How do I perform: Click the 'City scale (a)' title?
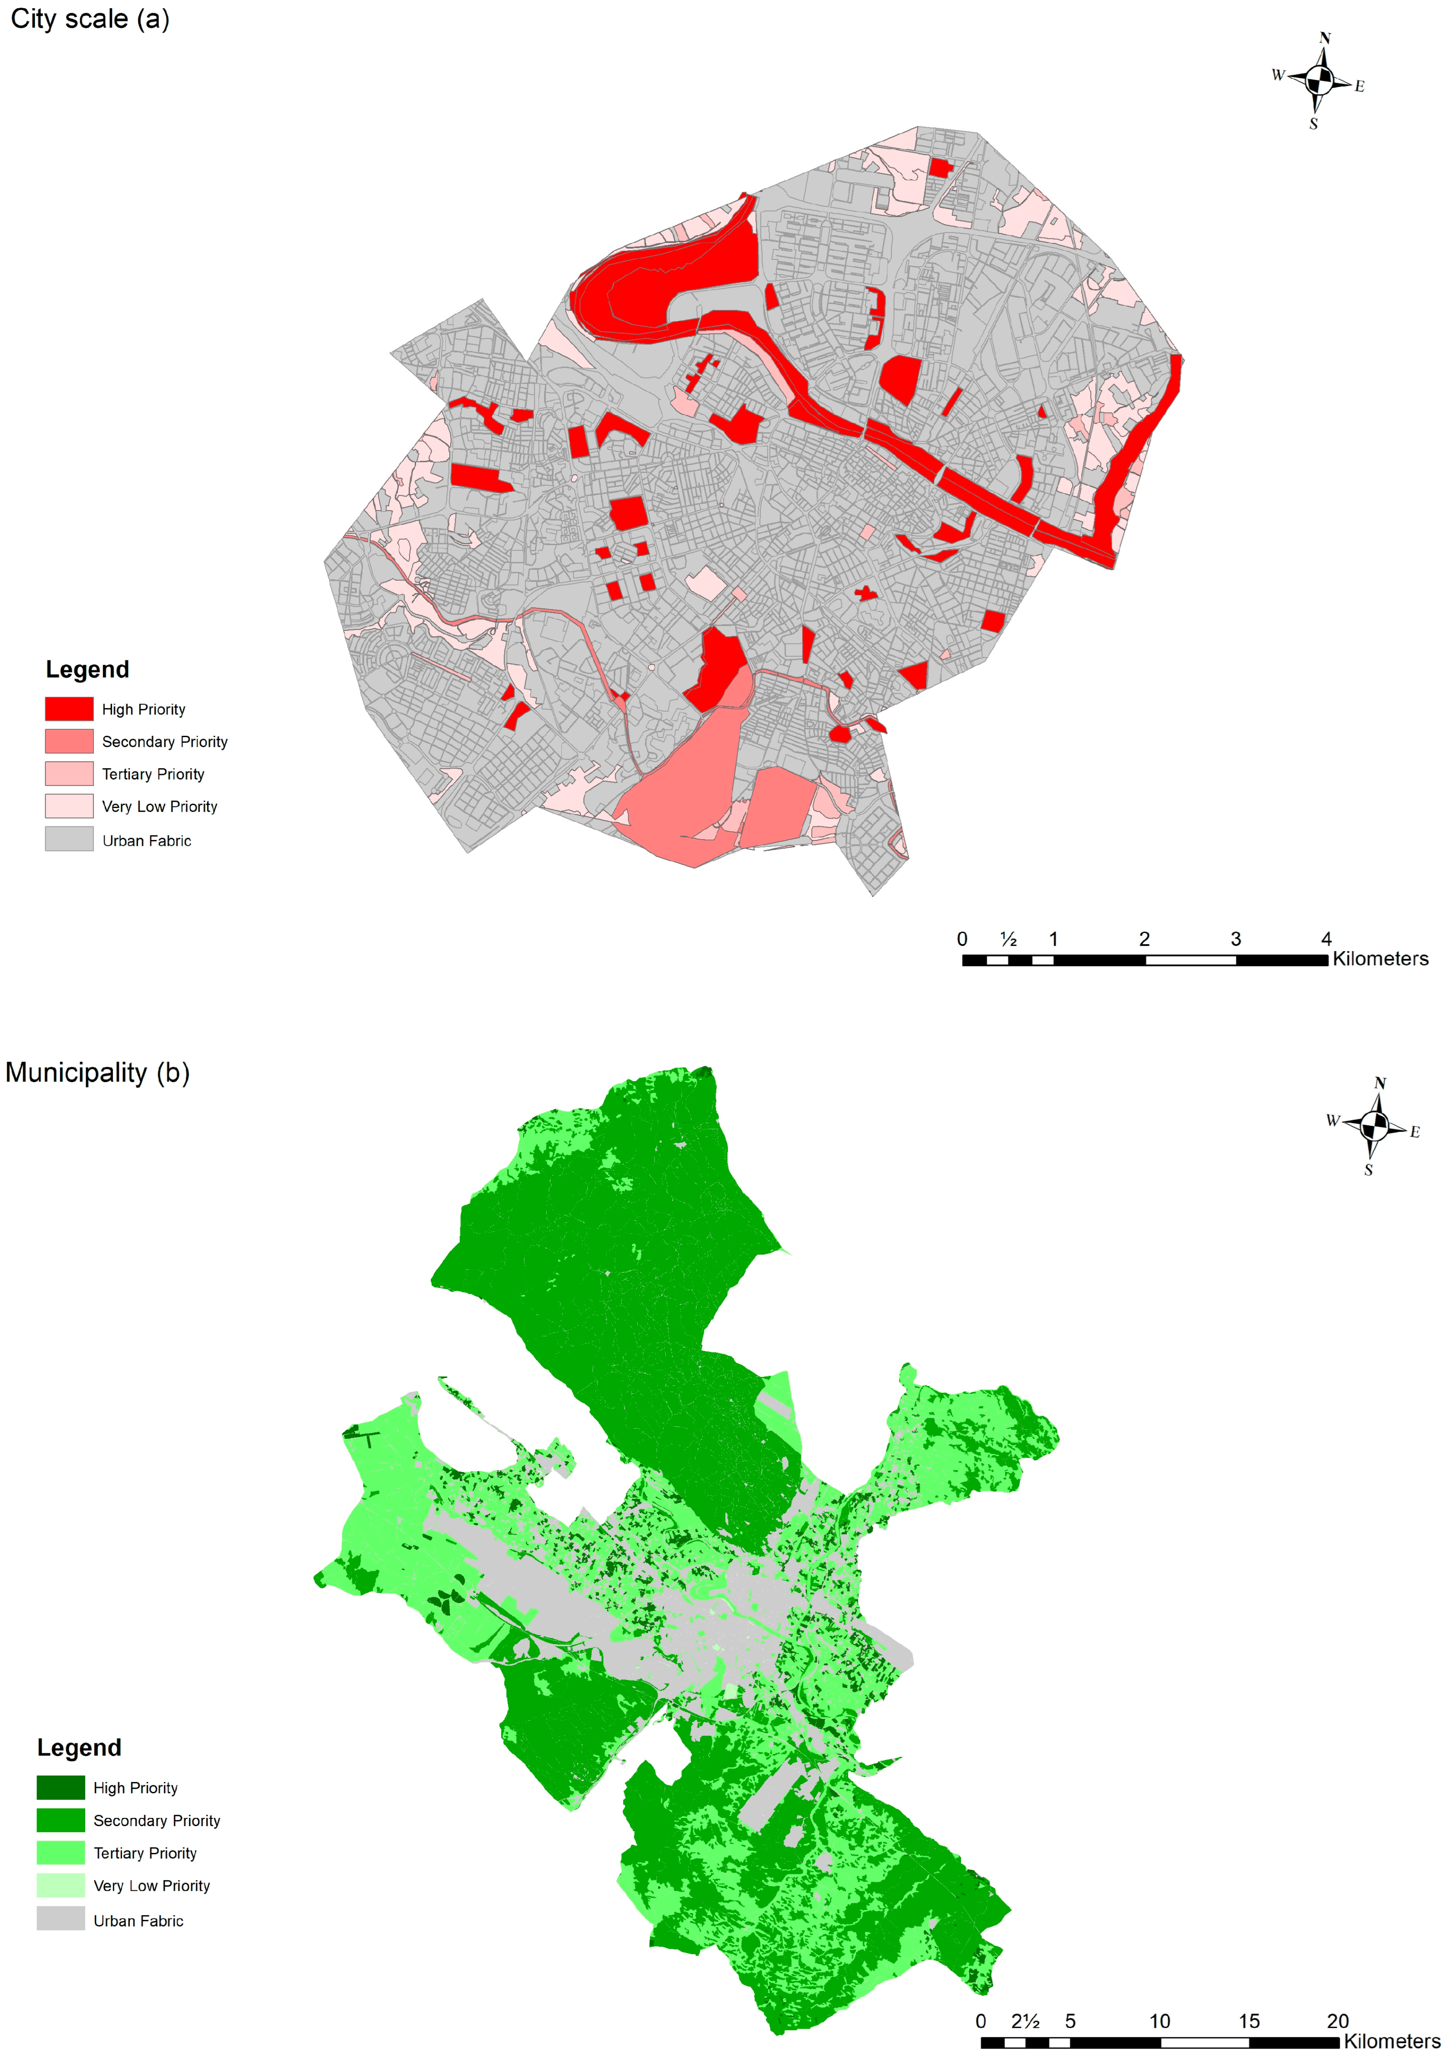pyautogui.click(x=90, y=19)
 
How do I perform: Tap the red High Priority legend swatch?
pyautogui.click(x=69, y=709)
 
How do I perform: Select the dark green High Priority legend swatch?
pyautogui.click(x=60, y=1787)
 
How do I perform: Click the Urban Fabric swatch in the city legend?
pyautogui.click(x=69, y=839)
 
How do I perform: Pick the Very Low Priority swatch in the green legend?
pyautogui.click(x=60, y=1885)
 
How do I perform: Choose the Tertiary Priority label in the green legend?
pyautogui.click(x=144, y=1853)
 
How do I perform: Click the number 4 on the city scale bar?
pyautogui.click(x=1326, y=938)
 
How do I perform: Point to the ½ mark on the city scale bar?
pyautogui.click(x=1009, y=938)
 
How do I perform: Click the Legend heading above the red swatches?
pyautogui.click(x=87, y=669)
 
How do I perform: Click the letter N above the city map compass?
pyautogui.click(x=1325, y=38)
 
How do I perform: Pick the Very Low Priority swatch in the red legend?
pyautogui.click(x=69, y=806)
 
